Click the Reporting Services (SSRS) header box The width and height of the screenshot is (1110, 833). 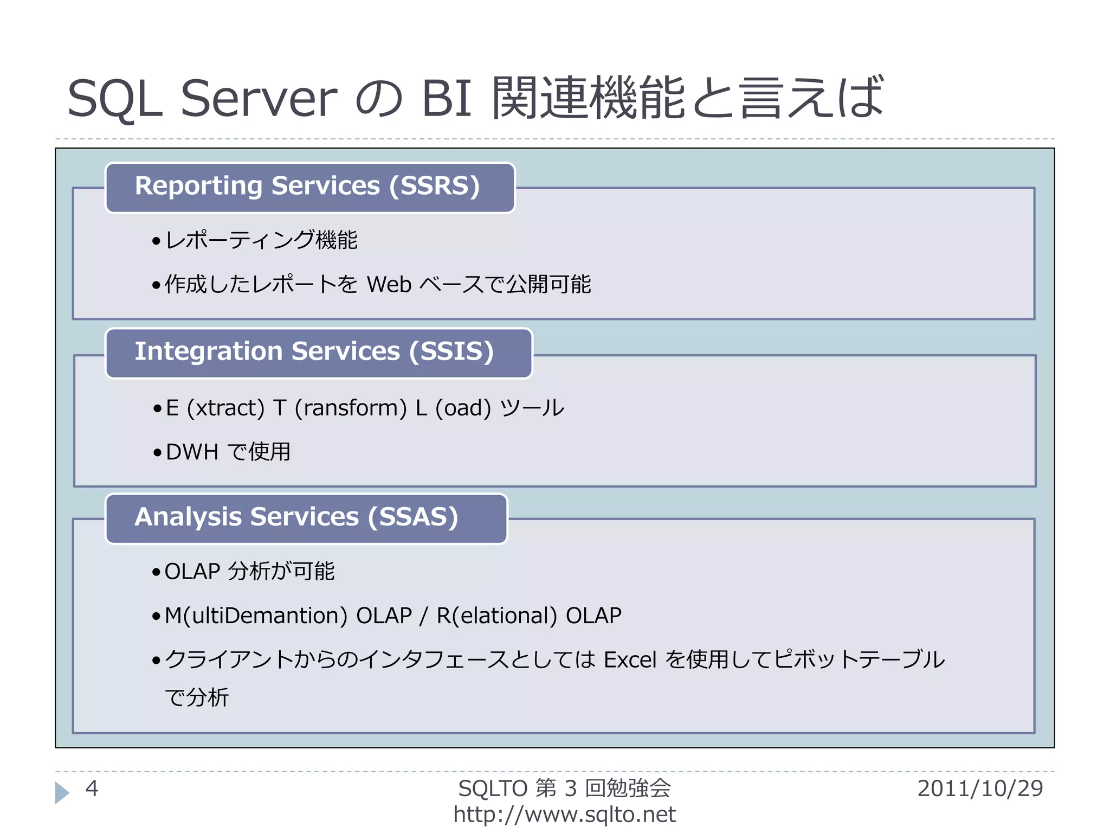[309, 187]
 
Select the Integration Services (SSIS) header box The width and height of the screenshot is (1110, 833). [319, 353]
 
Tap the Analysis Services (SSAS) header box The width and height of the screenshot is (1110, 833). [306, 518]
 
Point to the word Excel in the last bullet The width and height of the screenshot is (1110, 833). [630, 660]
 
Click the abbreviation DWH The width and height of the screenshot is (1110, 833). [192, 452]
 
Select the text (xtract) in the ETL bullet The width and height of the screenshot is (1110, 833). [225, 408]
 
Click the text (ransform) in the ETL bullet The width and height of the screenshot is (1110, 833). [350, 408]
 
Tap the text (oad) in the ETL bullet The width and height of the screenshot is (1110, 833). [463, 408]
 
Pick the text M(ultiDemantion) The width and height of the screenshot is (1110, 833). [256, 616]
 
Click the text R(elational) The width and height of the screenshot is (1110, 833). [496, 616]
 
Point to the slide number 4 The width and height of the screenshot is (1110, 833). [92, 789]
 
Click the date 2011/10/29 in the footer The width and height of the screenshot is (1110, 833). [980, 789]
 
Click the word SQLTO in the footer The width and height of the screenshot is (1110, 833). [493, 789]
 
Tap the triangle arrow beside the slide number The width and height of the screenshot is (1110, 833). [62, 792]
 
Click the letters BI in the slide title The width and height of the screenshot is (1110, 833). [446, 98]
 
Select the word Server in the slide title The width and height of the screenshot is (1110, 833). [259, 98]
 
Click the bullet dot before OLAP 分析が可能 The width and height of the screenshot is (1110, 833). [156, 572]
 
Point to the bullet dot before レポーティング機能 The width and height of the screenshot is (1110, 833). [156, 241]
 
